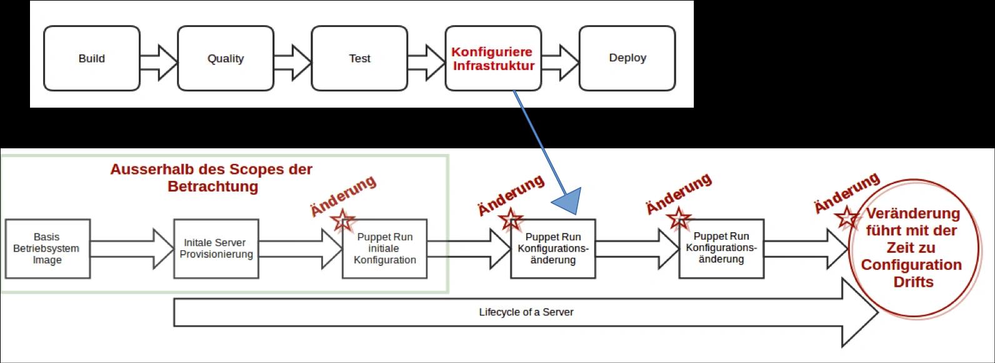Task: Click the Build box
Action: tap(92, 58)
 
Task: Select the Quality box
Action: tap(226, 58)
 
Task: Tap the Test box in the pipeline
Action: tap(359, 58)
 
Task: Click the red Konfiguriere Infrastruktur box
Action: tap(494, 58)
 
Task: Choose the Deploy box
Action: tap(627, 58)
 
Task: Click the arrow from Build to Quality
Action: tap(159, 63)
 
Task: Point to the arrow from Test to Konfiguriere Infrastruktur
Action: tap(426, 63)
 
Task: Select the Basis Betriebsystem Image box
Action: tap(47, 248)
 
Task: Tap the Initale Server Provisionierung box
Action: tap(216, 248)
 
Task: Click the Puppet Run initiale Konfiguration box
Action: tap(384, 248)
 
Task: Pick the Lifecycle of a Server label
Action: tap(526, 312)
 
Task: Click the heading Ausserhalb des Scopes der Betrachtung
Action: tap(211, 178)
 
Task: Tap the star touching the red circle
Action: tap(847, 218)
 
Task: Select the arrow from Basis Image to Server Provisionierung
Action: tap(132, 248)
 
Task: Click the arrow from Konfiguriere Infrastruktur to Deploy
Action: tap(560, 63)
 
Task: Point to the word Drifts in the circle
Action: tap(913, 282)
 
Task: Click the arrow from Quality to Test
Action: tap(292, 63)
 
